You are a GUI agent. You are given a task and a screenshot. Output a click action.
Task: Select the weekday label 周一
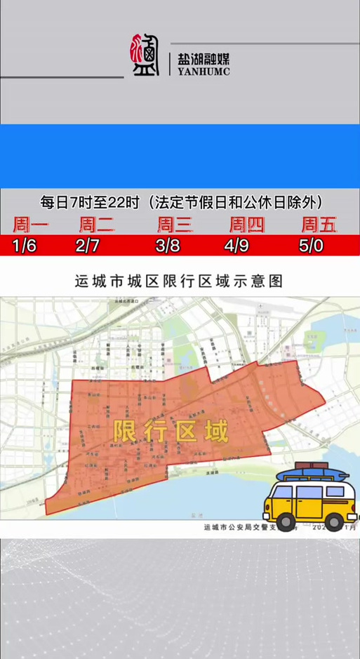point(30,225)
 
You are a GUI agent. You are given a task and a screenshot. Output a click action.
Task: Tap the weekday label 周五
point(319,225)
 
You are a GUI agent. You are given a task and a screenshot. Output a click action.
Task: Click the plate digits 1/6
point(24,246)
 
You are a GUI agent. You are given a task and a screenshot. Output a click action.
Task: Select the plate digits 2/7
point(88,246)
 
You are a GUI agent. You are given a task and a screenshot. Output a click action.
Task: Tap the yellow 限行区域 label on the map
point(171,431)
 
